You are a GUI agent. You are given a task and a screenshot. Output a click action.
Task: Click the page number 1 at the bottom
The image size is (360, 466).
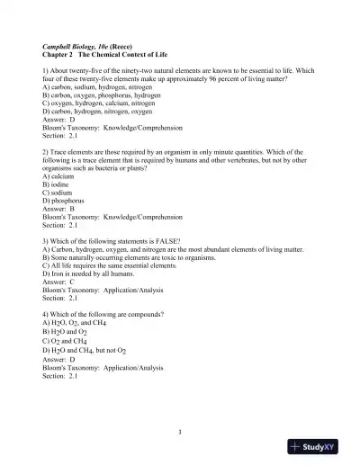pos(179,431)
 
